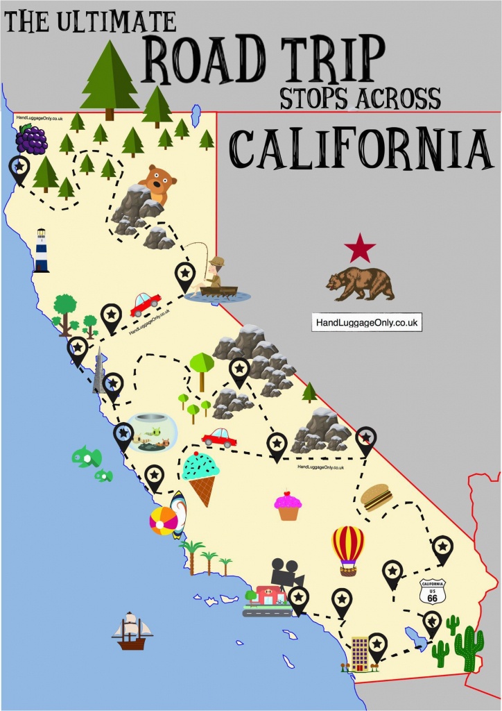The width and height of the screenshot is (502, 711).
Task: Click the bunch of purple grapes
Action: [x=31, y=139]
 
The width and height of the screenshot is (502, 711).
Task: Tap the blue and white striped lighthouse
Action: [x=42, y=250]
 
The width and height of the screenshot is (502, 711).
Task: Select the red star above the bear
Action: [x=360, y=249]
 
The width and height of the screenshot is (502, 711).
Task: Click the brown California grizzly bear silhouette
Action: [x=361, y=283]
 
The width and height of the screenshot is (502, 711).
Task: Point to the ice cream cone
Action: [x=201, y=476]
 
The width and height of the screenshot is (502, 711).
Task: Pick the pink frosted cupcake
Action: [x=288, y=506]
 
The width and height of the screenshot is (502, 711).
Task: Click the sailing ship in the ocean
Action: [x=132, y=630]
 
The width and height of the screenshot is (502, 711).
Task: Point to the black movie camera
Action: [x=283, y=571]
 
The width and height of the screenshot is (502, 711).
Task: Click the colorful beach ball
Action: [x=163, y=521]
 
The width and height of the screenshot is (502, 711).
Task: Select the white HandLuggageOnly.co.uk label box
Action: [x=367, y=323]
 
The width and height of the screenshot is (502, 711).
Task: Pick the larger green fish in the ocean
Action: [x=87, y=457]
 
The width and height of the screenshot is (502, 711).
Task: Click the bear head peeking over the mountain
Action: [x=156, y=183]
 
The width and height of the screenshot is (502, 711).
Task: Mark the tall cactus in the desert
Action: [x=469, y=649]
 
